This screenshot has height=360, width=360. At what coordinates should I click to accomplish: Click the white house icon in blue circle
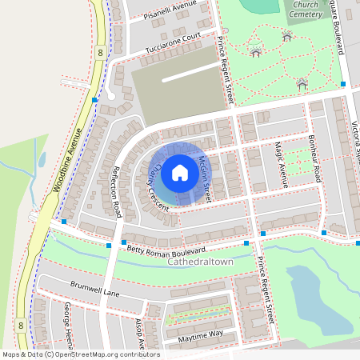(x=180, y=172)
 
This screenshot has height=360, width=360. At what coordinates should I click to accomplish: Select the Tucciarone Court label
(x=172, y=43)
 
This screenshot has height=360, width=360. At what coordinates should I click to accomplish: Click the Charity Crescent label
(x=156, y=186)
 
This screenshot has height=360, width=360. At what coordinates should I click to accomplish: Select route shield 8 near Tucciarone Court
(x=99, y=52)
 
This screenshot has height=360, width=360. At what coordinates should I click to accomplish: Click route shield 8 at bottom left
(x=20, y=326)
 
